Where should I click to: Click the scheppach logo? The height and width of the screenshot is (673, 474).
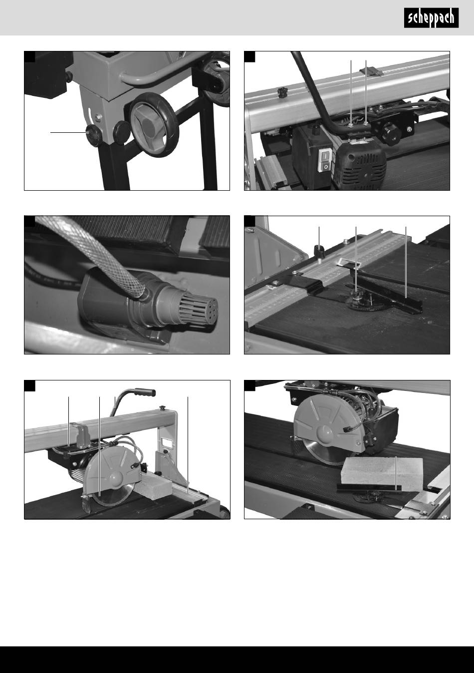tap(431, 18)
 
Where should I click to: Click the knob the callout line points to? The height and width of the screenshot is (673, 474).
tap(93, 135)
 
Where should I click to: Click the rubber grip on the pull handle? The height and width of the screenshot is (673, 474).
tap(144, 392)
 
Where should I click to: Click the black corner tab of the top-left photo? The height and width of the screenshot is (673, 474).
tap(30, 57)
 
